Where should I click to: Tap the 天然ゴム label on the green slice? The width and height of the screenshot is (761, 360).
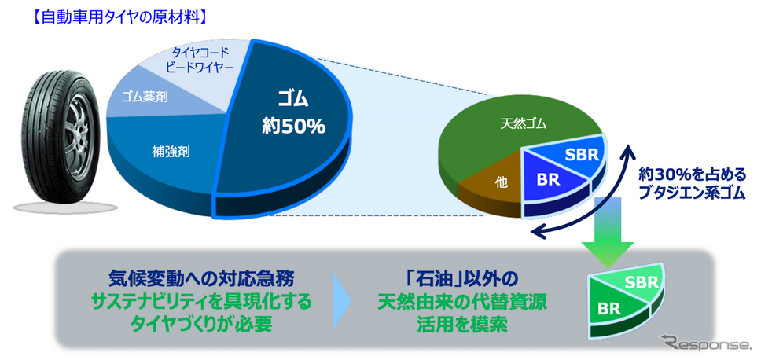pos(524,124)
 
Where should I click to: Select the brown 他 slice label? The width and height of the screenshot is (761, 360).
pos(502,182)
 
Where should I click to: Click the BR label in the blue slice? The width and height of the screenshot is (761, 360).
pos(549,180)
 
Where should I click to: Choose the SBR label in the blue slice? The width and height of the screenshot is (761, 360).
pos(582,155)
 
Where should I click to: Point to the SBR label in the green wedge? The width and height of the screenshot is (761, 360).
pos(642,282)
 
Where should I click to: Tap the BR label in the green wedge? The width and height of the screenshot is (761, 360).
pos(609,308)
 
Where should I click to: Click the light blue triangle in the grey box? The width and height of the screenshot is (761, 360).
pos(343,301)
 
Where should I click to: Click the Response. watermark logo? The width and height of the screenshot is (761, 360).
pos(704,343)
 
